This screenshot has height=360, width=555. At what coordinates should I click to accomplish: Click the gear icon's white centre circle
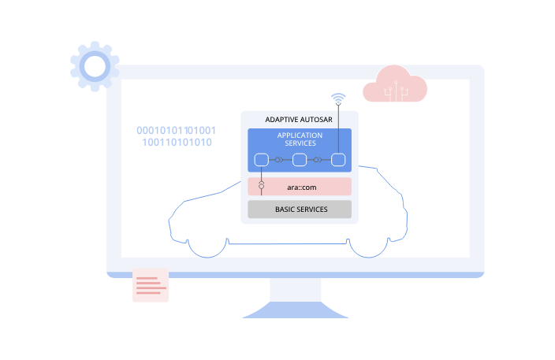pos(95,67)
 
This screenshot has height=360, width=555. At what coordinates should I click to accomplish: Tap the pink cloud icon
pos(394,85)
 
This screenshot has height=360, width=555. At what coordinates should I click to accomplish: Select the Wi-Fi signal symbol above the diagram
pos(338,99)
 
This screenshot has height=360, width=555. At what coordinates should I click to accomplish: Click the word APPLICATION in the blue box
pos(300,135)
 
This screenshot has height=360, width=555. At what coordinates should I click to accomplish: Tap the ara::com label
pos(299,186)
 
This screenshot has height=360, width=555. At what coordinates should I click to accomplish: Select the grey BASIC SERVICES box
pos(300,210)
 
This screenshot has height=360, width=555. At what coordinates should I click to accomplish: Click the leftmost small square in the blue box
pos(262,161)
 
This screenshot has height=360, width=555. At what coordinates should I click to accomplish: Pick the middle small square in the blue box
pos(300,161)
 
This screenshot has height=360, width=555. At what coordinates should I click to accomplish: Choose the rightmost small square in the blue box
pos(338,161)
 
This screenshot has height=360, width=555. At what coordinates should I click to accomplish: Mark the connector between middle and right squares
pos(318,161)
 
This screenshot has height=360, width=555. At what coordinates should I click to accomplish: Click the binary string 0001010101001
pos(177,130)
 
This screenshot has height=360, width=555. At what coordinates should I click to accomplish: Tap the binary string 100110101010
pos(177,143)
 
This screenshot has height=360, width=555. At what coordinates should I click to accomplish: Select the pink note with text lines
pos(151,285)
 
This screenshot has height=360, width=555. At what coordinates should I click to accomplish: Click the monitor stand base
pos(296,312)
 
